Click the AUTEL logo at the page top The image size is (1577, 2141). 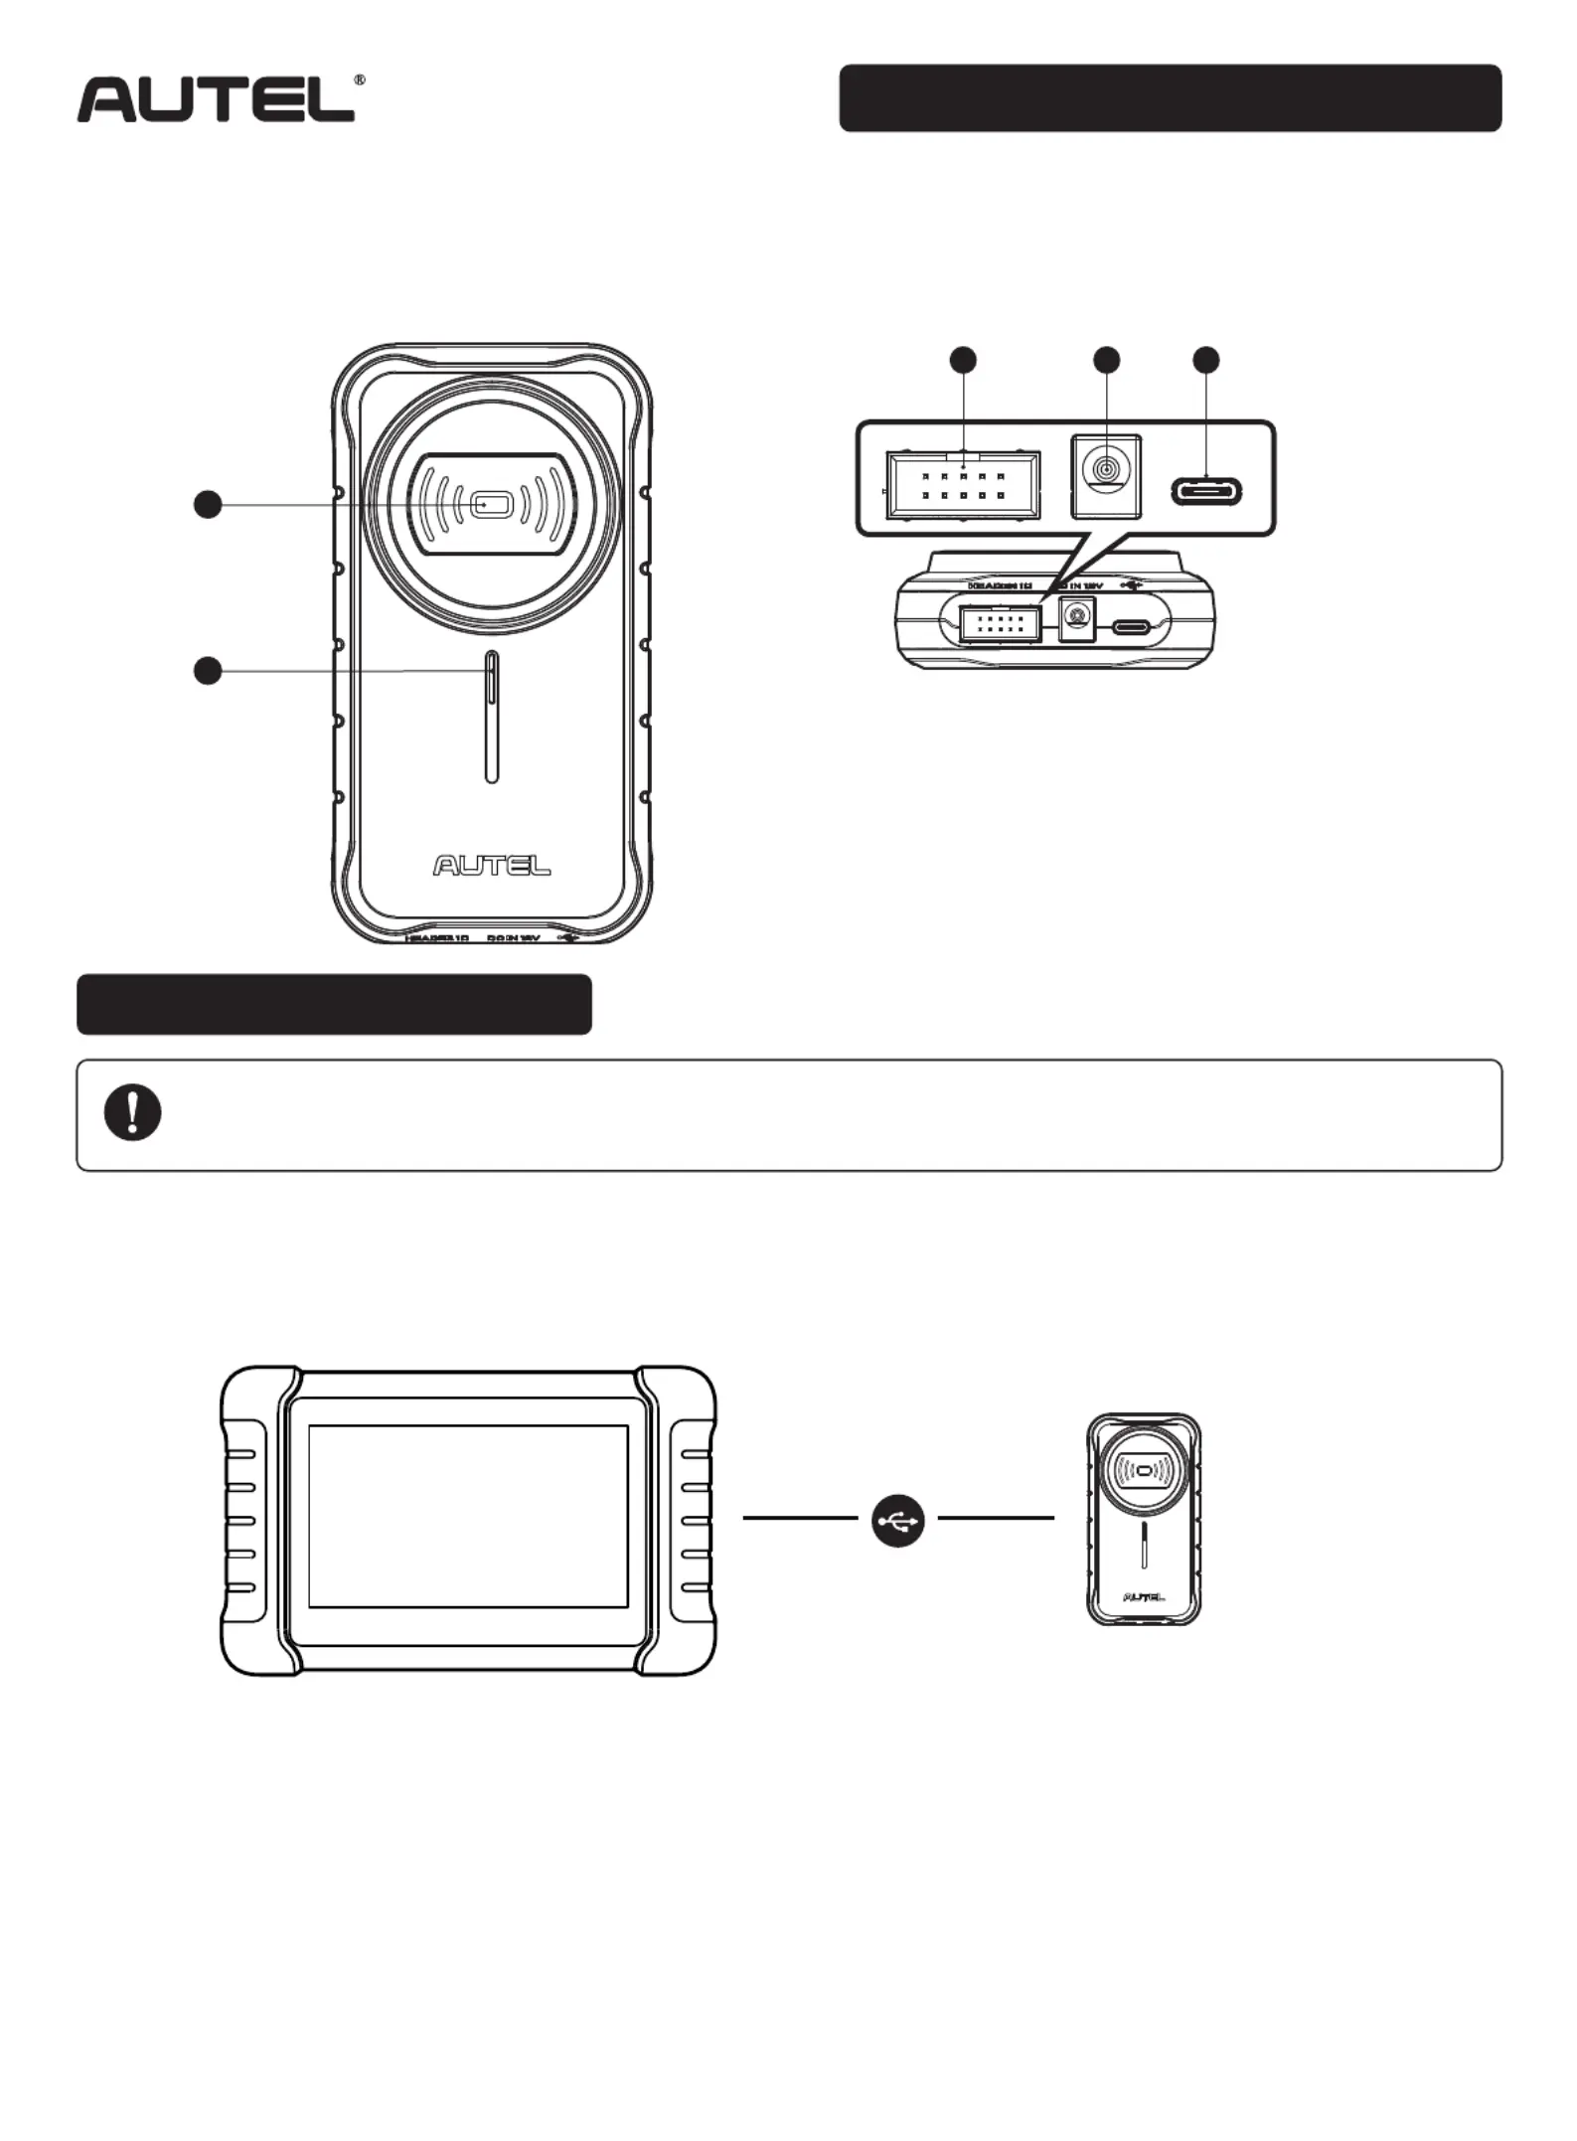point(216,99)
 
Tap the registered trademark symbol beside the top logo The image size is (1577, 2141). point(359,80)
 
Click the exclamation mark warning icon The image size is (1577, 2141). point(132,1113)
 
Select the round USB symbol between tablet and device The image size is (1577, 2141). point(898,1521)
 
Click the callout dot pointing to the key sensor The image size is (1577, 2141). point(207,505)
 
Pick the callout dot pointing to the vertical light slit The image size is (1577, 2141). point(207,671)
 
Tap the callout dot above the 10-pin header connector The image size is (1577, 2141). point(963,360)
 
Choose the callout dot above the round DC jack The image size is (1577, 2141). point(1106,360)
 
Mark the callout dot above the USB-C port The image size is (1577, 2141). point(1205,360)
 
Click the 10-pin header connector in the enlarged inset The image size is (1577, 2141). point(963,485)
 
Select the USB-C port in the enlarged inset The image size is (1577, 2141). point(1205,491)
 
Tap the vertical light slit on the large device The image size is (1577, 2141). point(491,718)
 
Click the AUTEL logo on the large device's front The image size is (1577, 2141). point(491,866)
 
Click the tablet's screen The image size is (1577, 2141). point(468,1516)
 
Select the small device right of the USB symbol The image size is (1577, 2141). point(1143,1519)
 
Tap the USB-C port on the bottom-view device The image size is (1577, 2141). point(1132,627)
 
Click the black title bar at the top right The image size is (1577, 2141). point(1170,98)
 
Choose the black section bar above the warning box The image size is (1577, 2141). point(334,1004)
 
